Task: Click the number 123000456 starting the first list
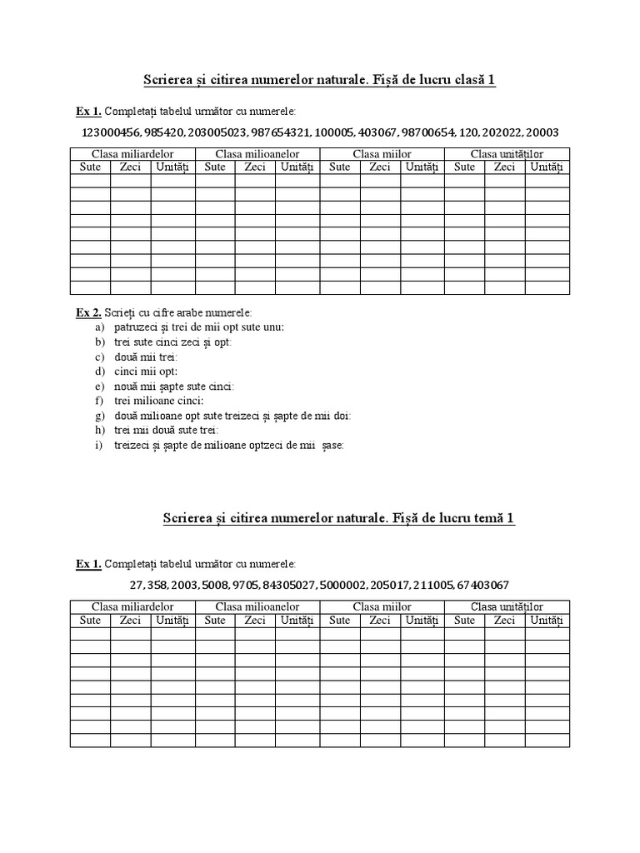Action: point(109,132)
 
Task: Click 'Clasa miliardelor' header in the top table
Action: point(132,154)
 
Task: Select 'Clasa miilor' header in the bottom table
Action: point(382,607)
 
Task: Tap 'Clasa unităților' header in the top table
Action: point(507,154)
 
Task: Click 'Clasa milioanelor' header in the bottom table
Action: point(257,607)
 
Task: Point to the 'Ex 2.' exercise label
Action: point(88,312)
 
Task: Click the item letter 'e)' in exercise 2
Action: point(99,387)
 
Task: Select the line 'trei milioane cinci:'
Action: point(153,401)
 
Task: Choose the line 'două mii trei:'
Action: point(141,357)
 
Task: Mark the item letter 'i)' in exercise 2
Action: point(98,445)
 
